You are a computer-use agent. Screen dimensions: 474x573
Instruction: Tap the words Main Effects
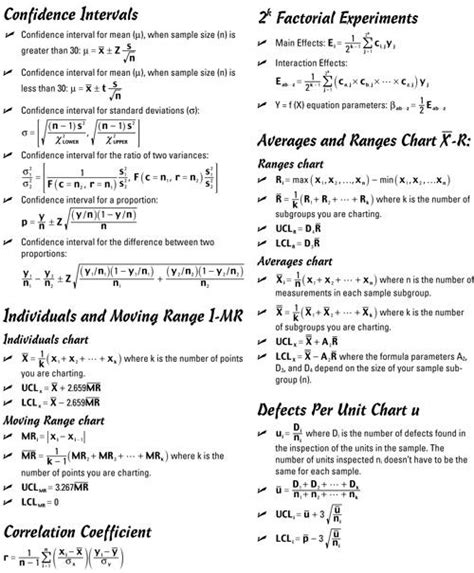click(296, 43)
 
